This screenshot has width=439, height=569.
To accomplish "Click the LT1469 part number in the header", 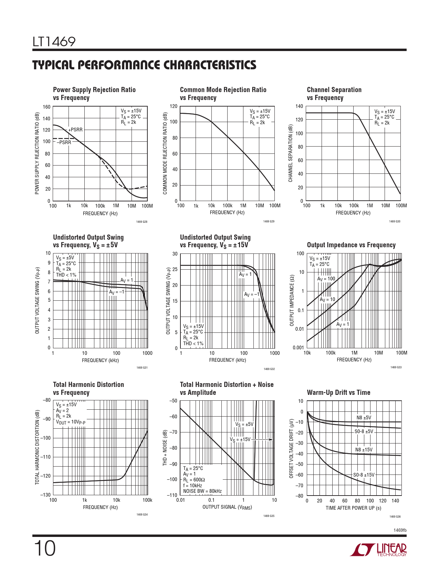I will click(54, 42).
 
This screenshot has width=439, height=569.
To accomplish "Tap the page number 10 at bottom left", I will click(44, 549).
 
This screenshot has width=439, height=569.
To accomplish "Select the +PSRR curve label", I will click(75, 130).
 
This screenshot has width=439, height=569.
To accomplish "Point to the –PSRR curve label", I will click(64, 142).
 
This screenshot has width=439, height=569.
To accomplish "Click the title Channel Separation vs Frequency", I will click(334, 93).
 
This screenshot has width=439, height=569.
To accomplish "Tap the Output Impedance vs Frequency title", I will click(351, 245).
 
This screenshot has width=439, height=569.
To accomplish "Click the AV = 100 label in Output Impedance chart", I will click(326, 279).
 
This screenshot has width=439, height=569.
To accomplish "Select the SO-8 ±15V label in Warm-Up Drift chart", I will click(364, 475).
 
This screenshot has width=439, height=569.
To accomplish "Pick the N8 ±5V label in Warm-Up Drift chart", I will click(364, 418).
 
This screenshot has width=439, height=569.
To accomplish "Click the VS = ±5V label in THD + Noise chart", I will click(244, 424).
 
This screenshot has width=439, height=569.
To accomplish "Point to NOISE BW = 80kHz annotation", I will click(202, 491).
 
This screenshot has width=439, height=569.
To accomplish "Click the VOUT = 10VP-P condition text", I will click(71, 422).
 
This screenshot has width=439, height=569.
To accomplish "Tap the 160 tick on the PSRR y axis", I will click(46, 107).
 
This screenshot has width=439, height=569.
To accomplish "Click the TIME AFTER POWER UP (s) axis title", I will click(353, 508).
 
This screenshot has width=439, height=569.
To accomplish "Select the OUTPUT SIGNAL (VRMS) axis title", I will click(227, 507).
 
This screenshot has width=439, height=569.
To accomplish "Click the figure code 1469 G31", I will click(142, 368).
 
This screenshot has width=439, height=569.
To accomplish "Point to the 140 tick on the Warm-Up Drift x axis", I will click(395, 501).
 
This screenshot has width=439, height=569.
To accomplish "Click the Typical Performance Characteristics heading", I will click(144, 65).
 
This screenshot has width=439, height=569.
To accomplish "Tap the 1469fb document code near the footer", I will click(400, 530).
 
